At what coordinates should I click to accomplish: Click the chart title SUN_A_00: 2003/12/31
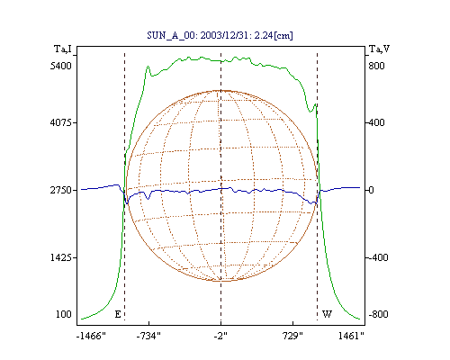[x=196, y=35]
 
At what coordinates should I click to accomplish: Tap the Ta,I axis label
[x=63, y=49]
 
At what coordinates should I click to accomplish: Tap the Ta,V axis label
[x=379, y=49]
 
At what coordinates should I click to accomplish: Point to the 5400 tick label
[x=61, y=66]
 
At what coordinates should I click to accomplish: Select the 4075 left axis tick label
[x=61, y=122]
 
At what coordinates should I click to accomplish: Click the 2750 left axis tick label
[x=61, y=190]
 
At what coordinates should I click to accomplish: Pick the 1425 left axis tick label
[x=61, y=257]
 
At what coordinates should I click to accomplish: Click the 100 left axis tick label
[x=64, y=314]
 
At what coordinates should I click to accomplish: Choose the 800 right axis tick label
[x=376, y=66]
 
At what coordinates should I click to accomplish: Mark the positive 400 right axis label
[x=376, y=122]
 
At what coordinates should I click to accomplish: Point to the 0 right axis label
[x=372, y=190]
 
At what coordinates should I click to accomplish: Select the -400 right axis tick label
[x=378, y=257]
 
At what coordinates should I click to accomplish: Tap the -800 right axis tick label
[x=378, y=314]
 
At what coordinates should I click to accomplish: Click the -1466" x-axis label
[x=91, y=336]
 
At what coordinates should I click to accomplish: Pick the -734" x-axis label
[x=148, y=336]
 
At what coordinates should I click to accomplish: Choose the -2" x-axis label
[x=220, y=336]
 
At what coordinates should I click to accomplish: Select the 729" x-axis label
[x=292, y=336]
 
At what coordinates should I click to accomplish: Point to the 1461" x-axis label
[x=351, y=336]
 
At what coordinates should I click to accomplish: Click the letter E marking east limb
[x=118, y=314]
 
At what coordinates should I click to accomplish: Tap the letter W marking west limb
[x=327, y=314]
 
